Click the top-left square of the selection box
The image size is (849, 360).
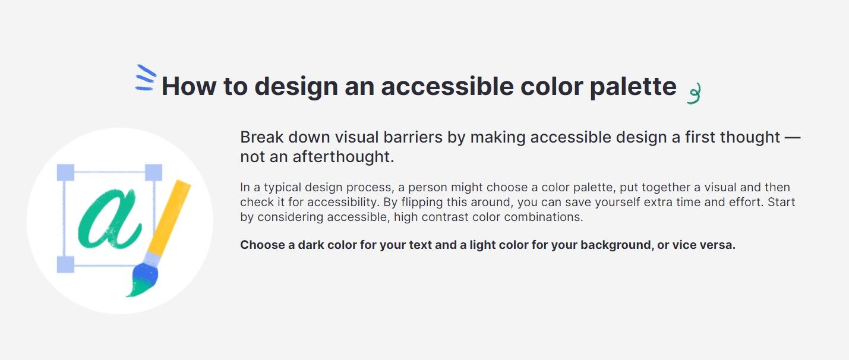click(x=65, y=172)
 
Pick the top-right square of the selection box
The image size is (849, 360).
click(x=153, y=172)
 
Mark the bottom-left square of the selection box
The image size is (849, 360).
click(x=65, y=264)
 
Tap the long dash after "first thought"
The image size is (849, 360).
click(x=793, y=137)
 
